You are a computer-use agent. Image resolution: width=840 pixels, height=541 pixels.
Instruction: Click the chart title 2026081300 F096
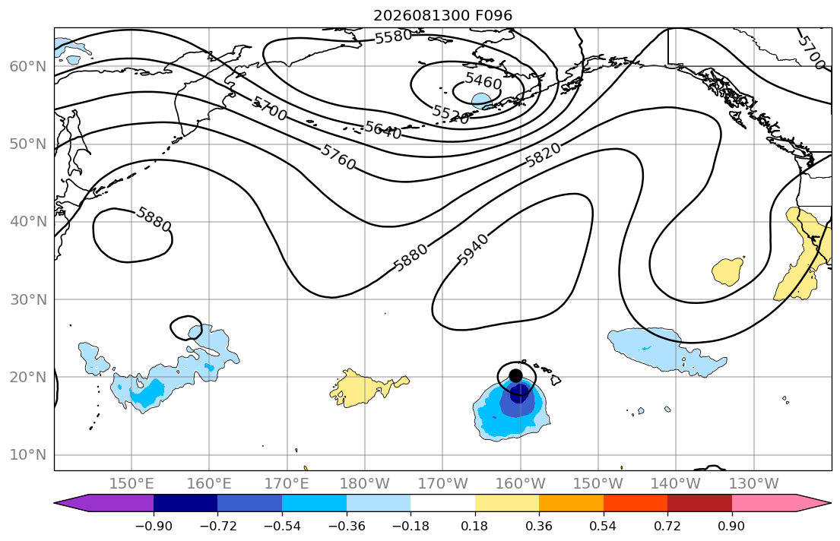pyautogui.click(x=442, y=15)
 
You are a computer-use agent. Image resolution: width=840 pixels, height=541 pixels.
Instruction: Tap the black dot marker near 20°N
pyautogui.click(x=515, y=375)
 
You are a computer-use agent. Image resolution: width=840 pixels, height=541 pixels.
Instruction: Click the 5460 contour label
pyautogui.click(x=483, y=81)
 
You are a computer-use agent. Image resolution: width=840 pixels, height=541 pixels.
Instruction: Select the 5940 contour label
pyautogui.click(x=473, y=250)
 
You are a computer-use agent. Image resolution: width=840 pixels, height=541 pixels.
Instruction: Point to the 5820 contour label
pyautogui.click(x=543, y=155)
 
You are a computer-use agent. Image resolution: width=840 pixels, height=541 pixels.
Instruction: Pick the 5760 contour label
pyautogui.click(x=338, y=157)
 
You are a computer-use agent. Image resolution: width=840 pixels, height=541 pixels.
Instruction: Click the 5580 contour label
pyautogui.click(x=393, y=37)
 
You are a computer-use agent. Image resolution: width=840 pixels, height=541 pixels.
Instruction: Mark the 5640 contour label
pyautogui.click(x=383, y=130)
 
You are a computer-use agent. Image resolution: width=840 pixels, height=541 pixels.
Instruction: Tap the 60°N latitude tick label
pyautogui.click(x=28, y=67)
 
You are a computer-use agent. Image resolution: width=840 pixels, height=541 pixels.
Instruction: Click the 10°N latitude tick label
pyautogui.click(x=28, y=455)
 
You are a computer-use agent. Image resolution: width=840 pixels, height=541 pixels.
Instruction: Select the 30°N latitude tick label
pyautogui.click(x=28, y=300)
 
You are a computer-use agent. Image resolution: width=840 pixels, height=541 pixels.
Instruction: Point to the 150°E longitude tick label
pyautogui.click(x=132, y=484)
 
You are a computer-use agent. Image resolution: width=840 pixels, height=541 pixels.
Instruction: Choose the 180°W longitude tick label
pyautogui.click(x=365, y=484)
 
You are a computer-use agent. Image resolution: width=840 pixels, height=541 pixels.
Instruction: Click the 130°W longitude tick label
pyautogui.click(x=754, y=484)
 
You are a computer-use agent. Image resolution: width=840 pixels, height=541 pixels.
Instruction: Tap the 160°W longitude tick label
pyautogui.click(x=520, y=484)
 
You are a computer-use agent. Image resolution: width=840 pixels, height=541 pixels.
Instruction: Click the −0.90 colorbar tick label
pyautogui.click(x=154, y=526)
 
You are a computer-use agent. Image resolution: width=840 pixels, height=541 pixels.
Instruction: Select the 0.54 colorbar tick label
pyautogui.click(x=604, y=526)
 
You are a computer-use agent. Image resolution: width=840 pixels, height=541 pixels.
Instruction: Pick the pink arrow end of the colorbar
pyautogui.click(x=779, y=503)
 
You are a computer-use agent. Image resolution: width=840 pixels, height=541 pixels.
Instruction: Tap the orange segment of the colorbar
pyautogui.click(x=571, y=503)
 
